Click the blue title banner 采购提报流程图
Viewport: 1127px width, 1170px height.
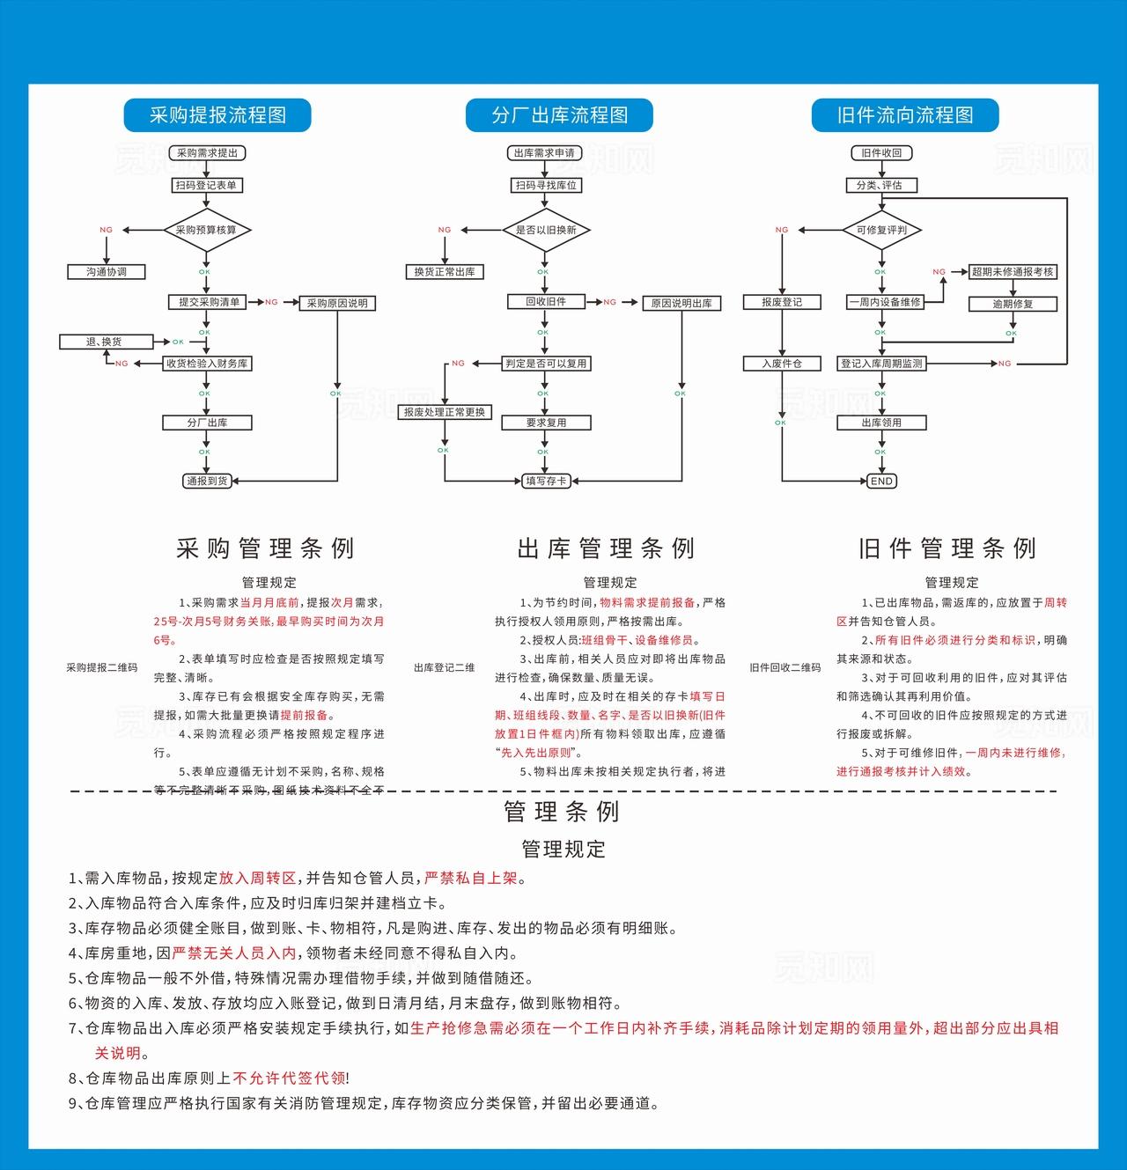(x=217, y=115)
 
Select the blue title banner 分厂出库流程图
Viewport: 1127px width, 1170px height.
(x=559, y=115)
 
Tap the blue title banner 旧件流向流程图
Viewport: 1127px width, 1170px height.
(x=904, y=115)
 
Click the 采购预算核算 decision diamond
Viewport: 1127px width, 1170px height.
(x=207, y=230)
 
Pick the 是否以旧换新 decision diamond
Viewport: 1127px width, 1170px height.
(x=546, y=230)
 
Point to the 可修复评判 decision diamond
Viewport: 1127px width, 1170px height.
(x=881, y=230)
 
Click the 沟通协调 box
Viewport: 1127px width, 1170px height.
(x=107, y=272)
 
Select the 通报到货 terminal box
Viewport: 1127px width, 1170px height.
(x=207, y=481)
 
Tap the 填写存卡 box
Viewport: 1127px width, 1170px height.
(x=546, y=481)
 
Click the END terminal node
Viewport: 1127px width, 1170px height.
(x=881, y=482)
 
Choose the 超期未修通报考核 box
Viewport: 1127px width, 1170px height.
(x=1013, y=272)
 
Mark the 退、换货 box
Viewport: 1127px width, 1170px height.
(x=106, y=342)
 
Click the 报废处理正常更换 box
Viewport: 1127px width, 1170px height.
(x=445, y=412)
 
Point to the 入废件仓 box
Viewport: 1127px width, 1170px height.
(x=782, y=364)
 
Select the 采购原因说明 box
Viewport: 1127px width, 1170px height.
(x=337, y=303)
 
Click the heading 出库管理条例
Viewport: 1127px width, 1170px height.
(x=607, y=548)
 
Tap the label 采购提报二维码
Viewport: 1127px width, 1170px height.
(x=102, y=667)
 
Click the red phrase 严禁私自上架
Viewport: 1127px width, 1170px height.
(x=471, y=878)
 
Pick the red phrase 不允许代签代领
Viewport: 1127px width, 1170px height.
(x=289, y=1078)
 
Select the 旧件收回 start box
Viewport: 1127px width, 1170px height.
(x=881, y=153)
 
